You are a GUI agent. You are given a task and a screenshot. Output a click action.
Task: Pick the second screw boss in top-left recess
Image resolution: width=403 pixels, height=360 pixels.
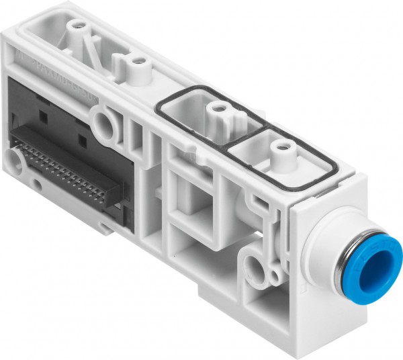point(140,62)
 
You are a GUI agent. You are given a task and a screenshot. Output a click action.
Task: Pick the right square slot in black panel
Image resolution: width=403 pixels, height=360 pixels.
point(81,140)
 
